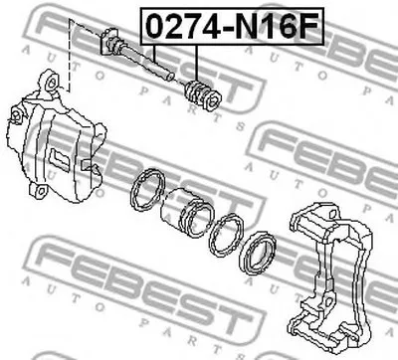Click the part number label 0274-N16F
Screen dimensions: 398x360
[x=232, y=26]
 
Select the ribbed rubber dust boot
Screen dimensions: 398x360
[x=202, y=95]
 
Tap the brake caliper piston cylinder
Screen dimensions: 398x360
[x=186, y=212]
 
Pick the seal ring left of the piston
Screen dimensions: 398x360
[x=147, y=190]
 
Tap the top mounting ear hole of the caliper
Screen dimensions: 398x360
[x=52, y=83]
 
